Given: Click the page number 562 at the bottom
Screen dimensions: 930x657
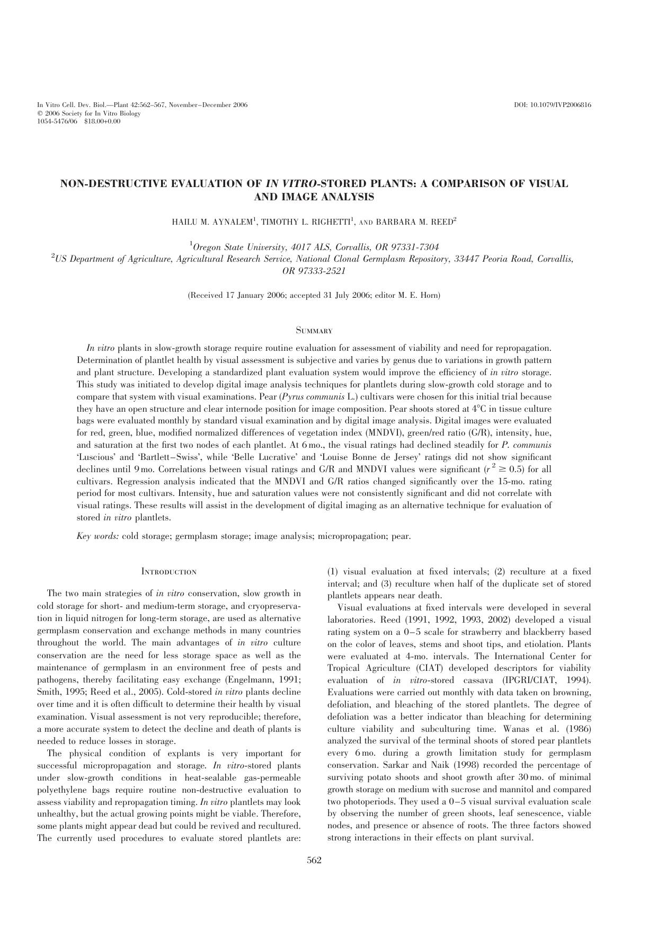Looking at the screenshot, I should point(314,860).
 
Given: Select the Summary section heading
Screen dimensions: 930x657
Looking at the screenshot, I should point(314,331).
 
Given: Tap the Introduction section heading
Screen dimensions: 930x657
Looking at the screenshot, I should point(169,572).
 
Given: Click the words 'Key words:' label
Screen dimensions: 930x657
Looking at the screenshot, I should point(98,536).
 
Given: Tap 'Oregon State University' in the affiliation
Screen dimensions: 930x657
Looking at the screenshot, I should point(238,247).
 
